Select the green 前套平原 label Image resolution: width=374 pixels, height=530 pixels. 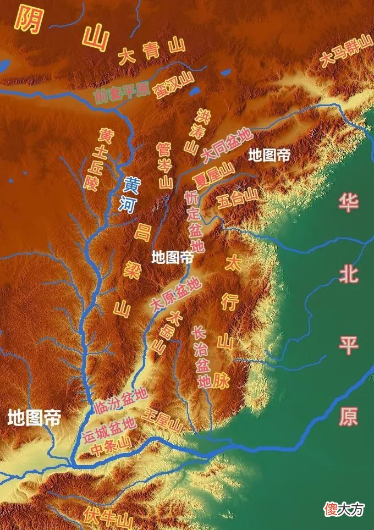(x=122, y=94)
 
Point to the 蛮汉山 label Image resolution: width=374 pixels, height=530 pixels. (x=175, y=85)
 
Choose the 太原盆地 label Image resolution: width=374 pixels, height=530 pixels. (x=175, y=295)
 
